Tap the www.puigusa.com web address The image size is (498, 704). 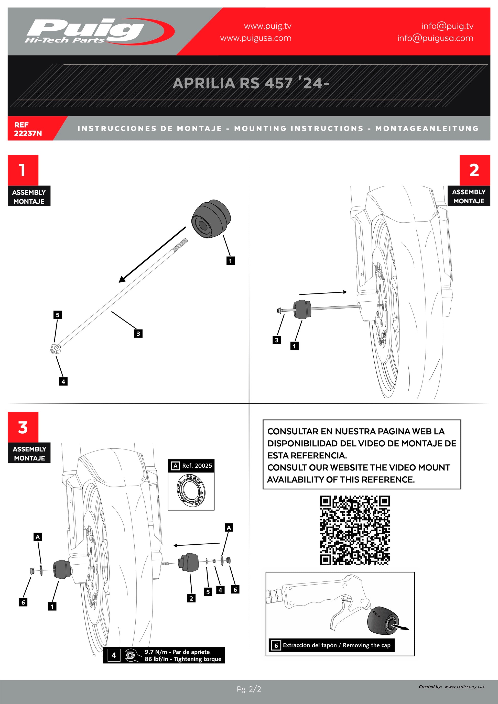pyautogui.click(x=255, y=38)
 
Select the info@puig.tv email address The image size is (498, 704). pyautogui.click(x=447, y=26)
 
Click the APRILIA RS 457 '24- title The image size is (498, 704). pyautogui.click(x=251, y=83)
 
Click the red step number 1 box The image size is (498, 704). pyautogui.click(x=23, y=170)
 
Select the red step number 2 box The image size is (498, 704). pyautogui.click(x=474, y=170)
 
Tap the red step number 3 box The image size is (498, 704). pyautogui.click(x=23, y=427)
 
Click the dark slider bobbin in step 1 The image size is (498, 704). pyautogui.click(x=211, y=219)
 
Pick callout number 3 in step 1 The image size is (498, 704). pyautogui.click(x=138, y=334)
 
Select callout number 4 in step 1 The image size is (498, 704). pyautogui.click(x=63, y=381)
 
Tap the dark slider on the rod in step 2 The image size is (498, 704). pyautogui.click(x=302, y=309)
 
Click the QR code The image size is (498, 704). pyautogui.click(x=354, y=530)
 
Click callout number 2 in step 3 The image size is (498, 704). pyautogui.click(x=191, y=598)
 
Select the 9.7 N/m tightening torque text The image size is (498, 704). pyautogui.click(x=177, y=652)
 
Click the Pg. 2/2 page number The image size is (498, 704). pyautogui.click(x=249, y=689)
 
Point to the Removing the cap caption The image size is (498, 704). pyautogui.click(x=337, y=645)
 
